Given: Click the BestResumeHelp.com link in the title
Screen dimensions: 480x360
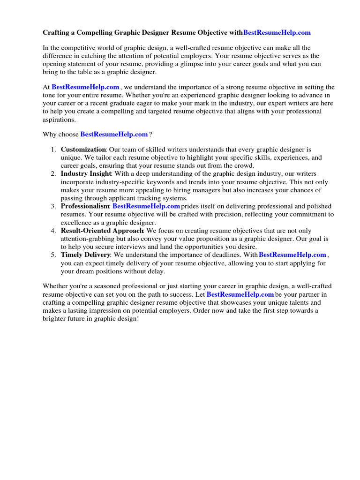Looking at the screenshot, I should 277,33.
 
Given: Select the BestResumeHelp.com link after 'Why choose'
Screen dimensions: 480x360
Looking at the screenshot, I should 114,134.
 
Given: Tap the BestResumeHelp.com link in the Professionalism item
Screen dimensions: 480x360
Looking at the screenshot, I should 146,206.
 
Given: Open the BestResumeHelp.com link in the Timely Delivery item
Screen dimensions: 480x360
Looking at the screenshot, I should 292,255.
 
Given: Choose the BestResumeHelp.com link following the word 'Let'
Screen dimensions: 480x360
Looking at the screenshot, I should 240,294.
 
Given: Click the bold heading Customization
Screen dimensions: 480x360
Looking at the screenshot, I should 83,150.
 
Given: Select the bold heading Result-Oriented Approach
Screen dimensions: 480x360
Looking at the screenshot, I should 102,231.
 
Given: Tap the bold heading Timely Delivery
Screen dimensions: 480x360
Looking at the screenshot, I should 85,255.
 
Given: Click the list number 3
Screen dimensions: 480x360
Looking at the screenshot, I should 53,206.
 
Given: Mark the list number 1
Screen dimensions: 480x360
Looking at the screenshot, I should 53,150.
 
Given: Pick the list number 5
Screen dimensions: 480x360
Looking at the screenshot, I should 53,255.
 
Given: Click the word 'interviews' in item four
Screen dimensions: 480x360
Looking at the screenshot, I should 138,247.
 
